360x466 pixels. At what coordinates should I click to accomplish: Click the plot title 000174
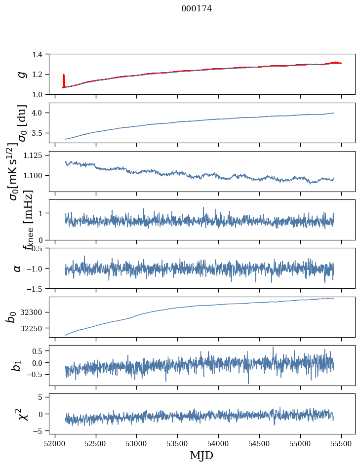(x=197, y=8)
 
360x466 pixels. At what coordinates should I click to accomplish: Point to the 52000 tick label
(x=55, y=443)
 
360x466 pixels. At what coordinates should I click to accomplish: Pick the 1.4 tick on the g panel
(x=42, y=54)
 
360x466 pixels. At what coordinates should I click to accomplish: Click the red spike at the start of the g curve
(x=64, y=79)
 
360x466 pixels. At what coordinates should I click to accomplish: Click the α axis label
(x=18, y=268)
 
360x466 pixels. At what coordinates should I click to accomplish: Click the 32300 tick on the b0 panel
(x=37, y=312)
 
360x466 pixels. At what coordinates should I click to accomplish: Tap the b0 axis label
(x=12, y=316)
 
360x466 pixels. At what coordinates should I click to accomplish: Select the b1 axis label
(x=18, y=365)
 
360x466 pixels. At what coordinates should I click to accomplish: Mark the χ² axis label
(x=23, y=414)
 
